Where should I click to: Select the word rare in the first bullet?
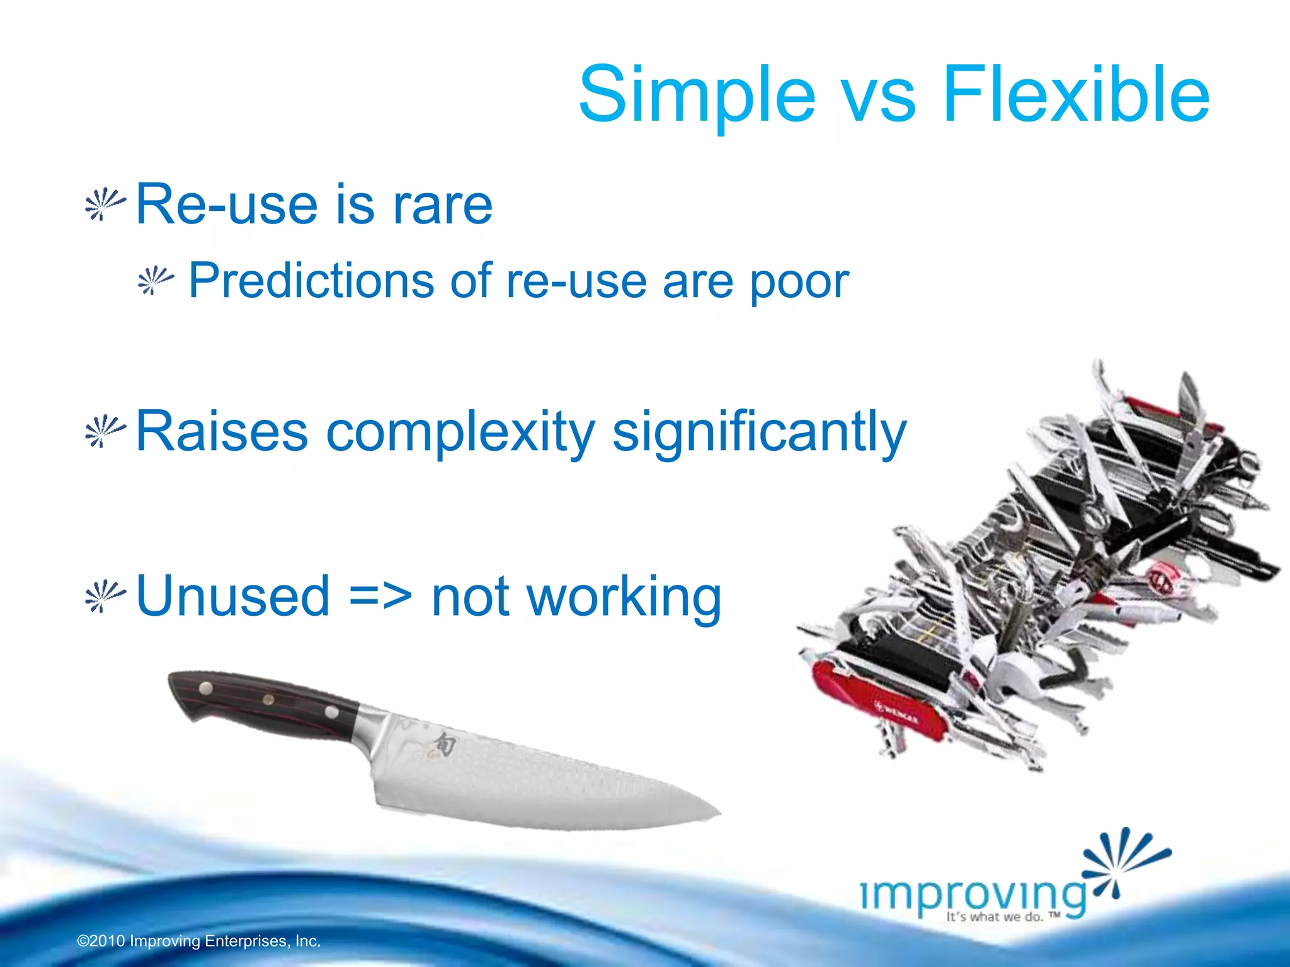pos(442,205)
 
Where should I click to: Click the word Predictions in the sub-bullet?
pos(311,281)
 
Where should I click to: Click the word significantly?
pos(759,433)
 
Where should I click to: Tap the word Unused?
pos(233,596)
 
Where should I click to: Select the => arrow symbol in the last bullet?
pos(380,596)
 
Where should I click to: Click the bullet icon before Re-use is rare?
pos(105,204)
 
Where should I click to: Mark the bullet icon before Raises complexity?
pos(105,431)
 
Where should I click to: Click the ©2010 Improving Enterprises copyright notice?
pos(199,941)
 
